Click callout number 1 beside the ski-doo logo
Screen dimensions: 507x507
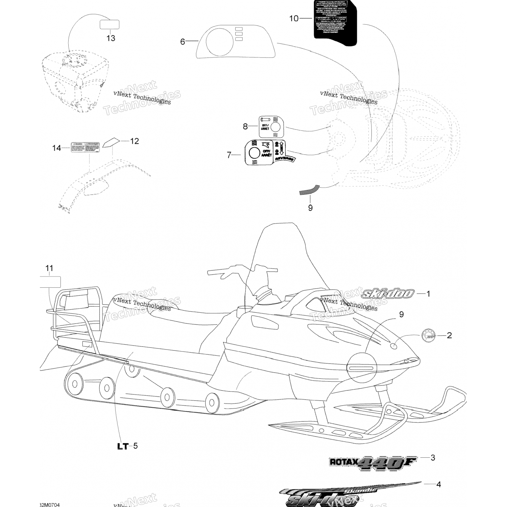pyautogui.click(x=428, y=294)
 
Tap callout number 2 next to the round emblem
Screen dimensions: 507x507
pyautogui.click(x=449, y=335)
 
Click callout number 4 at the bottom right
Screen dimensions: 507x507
pyautogui.click(x=438, y=484)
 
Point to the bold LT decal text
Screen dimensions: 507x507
pyautogui.click(x=123, y=446)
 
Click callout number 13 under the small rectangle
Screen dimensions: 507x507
pyautogui.click(x=111, y=38)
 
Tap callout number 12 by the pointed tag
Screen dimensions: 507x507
pyautogui.click(x=135, y=141)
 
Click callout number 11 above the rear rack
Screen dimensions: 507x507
pyautogui.click(x=49, y=268)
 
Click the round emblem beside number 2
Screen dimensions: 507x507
pyautogui.click(x=428, y=336)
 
